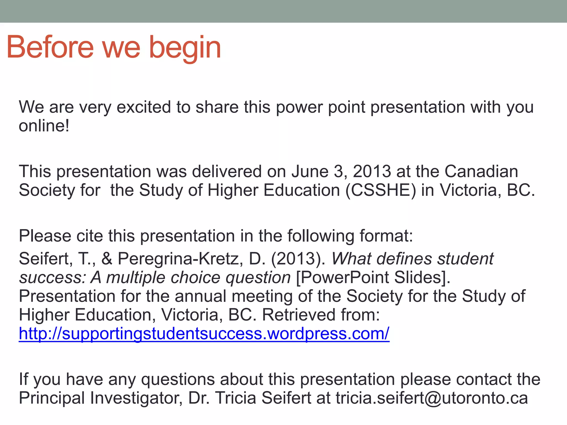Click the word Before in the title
point(50,48)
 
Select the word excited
point(144,107)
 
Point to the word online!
point(44,126)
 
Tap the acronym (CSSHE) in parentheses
point(381,190)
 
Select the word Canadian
point(481,172)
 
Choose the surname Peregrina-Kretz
point(181,259)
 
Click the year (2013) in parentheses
point(298,259)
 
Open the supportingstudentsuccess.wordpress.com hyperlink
point(204,334)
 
